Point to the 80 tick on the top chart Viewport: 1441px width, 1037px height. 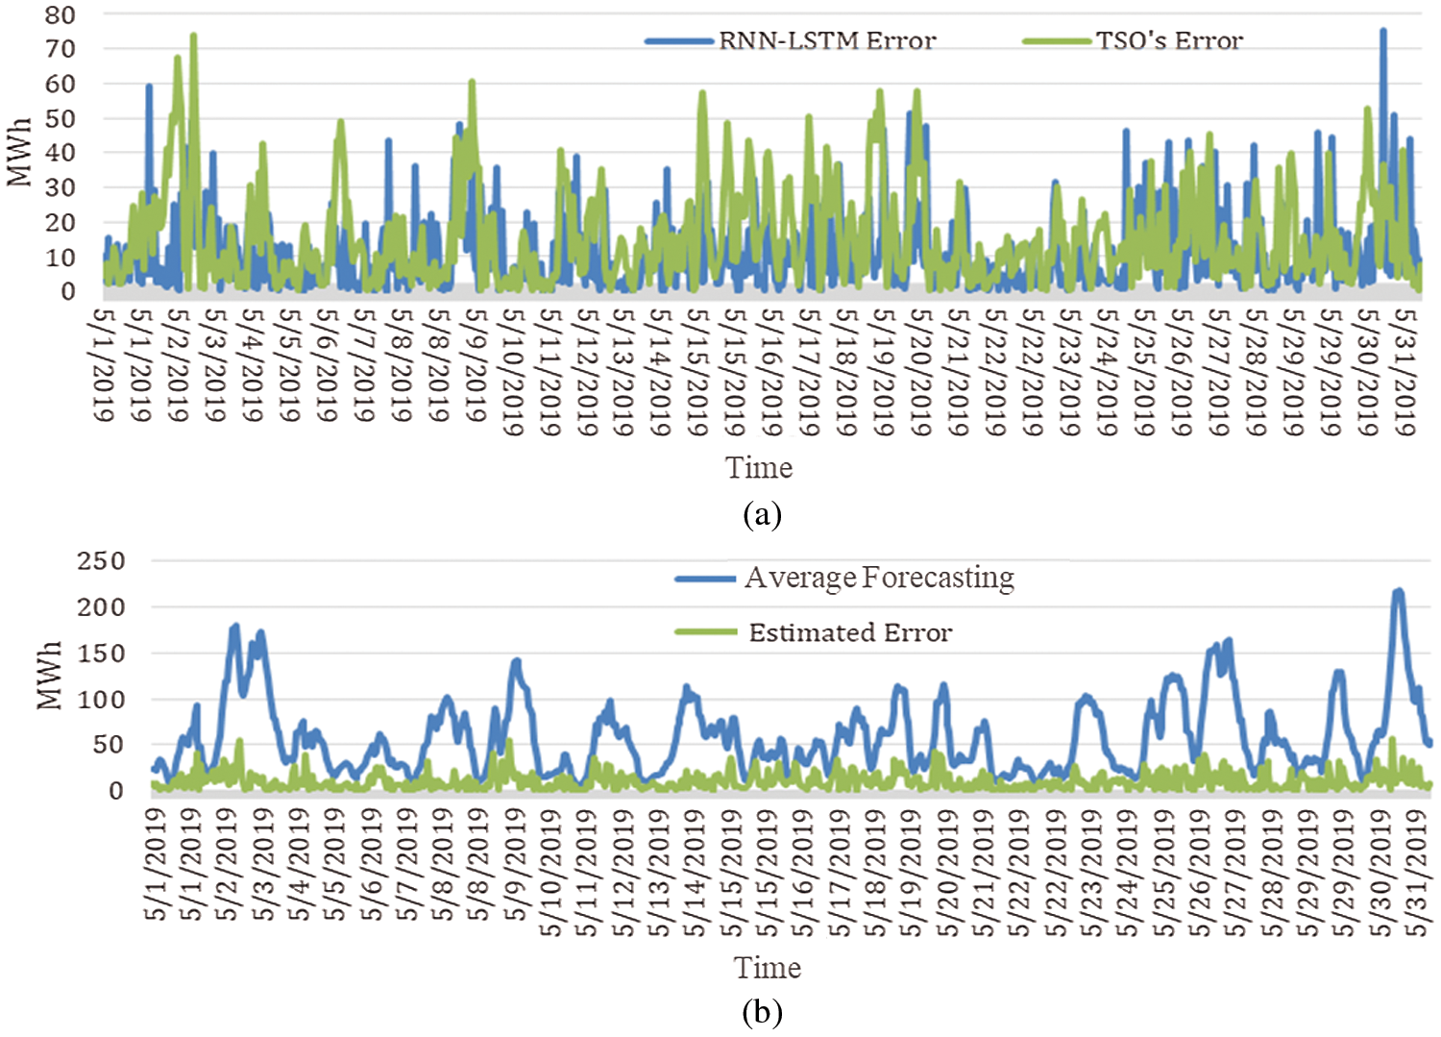point(60,14)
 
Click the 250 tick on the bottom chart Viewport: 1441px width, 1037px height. point(101,560)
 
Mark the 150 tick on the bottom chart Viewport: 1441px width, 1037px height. point(101,653)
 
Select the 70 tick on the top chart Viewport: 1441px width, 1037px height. point(60,49)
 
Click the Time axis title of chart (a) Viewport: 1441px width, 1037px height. point(758,468)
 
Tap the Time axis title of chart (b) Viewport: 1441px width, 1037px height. point(767,968)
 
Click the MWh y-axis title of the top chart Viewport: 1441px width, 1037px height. point(19,152)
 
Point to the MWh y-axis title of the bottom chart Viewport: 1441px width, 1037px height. point(49,676)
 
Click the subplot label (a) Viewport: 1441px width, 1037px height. point(762,514)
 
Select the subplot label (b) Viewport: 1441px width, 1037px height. point(762,1012)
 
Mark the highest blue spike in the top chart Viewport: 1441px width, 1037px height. point(1382,31)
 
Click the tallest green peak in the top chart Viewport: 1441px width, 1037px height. point(193,36)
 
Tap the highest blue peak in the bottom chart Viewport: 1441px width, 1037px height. point(1398,591)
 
